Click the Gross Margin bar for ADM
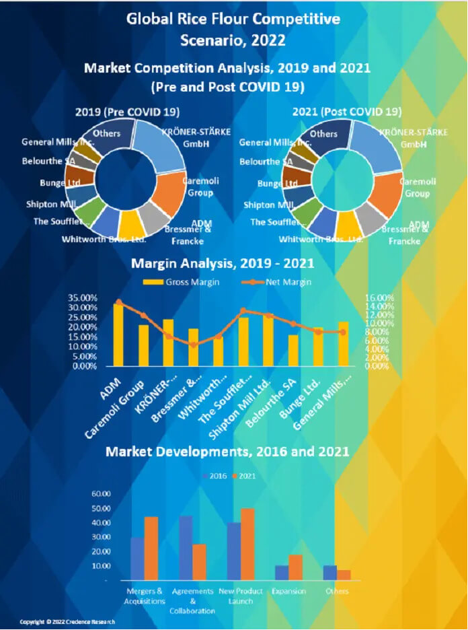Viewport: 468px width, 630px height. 118,335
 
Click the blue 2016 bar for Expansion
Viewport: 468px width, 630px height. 282,573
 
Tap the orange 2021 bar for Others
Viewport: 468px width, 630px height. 344,575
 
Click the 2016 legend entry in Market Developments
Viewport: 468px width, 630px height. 214,476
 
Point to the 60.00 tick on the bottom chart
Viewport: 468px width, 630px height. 101,494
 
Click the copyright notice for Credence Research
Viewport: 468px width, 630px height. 67,621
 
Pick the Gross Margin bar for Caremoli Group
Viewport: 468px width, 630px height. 143,345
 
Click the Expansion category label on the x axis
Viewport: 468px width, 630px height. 288,591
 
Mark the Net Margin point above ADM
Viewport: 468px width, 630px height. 118,302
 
